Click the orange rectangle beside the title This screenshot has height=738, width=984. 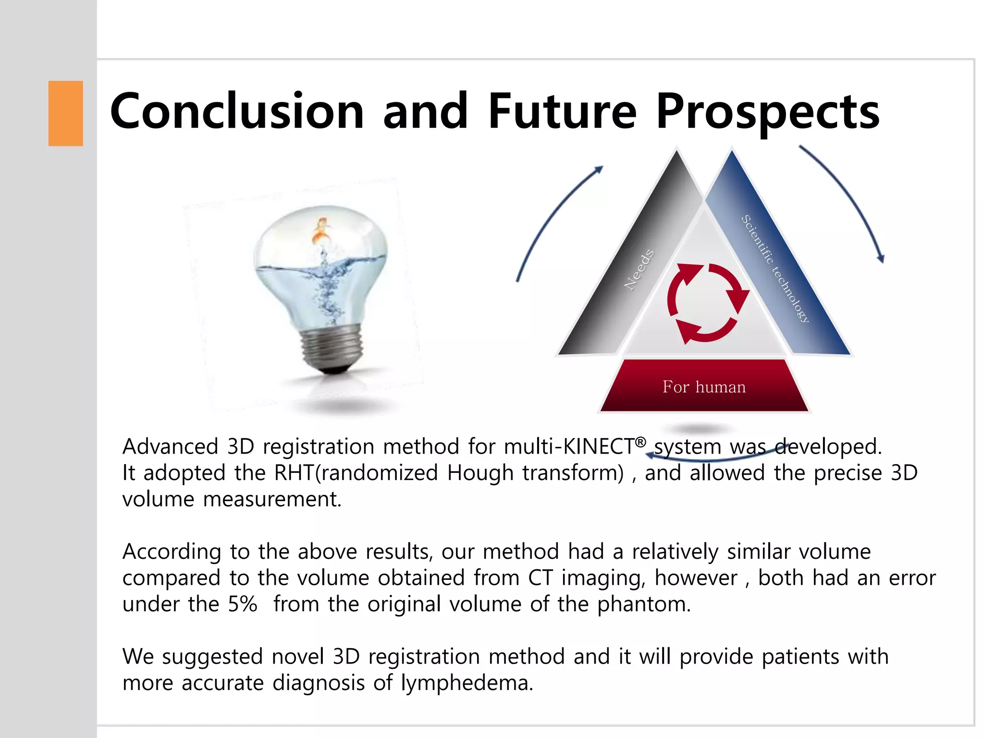(x=65, y=113)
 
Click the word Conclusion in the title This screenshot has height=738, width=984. (x=237, y=111)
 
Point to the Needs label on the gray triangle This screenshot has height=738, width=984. (x=639, y=270)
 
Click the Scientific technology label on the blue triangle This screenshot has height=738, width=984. (x=775, y=268)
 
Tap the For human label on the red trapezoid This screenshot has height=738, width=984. (x=704, y=387)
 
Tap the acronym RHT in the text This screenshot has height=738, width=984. (x=294, y=473)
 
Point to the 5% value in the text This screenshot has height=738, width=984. (x=242, y=604)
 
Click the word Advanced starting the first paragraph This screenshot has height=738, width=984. (x=171, y=447)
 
